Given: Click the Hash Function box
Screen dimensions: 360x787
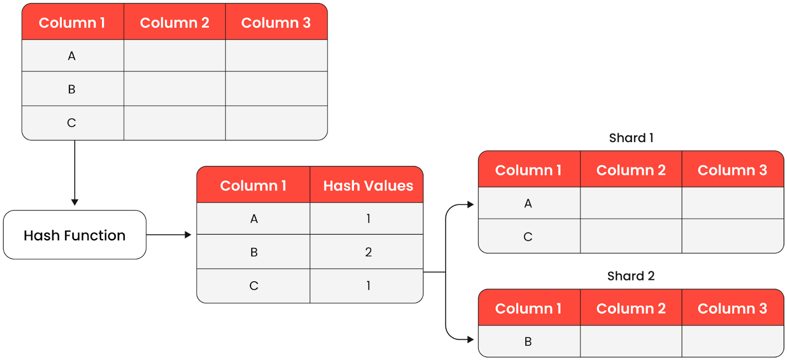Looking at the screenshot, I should [x=75, y=235].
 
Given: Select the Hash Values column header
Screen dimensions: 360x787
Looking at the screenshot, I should [x=367, y=185].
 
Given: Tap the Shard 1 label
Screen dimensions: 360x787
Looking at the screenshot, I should [x=631, y=138].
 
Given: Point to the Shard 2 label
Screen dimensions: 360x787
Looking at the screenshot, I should [x=631, y=276].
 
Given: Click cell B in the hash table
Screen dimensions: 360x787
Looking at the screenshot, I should [x=254, y=252].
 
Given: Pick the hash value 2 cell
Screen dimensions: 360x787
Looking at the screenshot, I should [x=368, y=252].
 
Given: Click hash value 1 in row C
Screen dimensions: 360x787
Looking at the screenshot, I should [x=368, y=285].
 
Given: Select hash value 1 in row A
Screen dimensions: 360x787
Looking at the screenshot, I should [x=368, y=218].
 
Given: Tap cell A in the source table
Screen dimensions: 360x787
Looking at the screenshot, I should [x=72, y=56].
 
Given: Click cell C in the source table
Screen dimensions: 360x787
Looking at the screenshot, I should [x=72, y=122].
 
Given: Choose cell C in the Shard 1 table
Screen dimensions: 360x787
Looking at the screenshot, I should [x=528, y=237].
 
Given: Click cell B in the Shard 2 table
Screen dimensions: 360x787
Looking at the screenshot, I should [x=528, y=341].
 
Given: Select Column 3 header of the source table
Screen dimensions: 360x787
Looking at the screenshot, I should [x=276, y=23].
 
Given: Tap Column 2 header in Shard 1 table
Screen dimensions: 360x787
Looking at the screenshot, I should [x=631, y=170].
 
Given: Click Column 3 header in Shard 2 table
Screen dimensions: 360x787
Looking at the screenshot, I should [x=732, y=308].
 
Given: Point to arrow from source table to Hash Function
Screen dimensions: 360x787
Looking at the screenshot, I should [x=75, y=172].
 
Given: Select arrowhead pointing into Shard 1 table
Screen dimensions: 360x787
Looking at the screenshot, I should [x=470, y=204].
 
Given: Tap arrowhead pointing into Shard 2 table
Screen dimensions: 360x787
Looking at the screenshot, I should [x=470, y=339].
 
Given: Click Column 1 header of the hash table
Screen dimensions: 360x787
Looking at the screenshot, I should [x=253, y=185].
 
